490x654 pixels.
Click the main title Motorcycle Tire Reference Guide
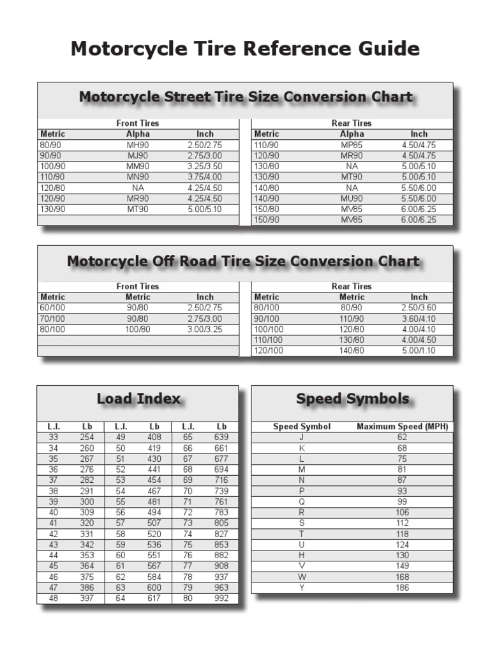245,49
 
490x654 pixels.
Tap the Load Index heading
138,399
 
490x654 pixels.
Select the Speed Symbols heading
352,399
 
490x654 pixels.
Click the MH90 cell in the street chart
138,145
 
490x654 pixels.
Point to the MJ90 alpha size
138,156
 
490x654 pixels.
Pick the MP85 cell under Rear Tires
352,145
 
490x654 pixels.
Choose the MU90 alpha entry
352,199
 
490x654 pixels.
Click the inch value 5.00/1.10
419,351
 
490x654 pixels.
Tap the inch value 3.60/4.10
419,319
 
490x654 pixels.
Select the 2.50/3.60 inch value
419,308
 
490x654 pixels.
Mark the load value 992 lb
221,598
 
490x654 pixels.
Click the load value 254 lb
87,437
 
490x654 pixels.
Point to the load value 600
154,588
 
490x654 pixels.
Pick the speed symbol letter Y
302,588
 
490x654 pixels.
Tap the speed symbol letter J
302,437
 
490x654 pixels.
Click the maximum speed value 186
402,588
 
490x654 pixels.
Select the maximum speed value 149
402,566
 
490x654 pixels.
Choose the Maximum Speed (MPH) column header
402,427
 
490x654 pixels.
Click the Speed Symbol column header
302,427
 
